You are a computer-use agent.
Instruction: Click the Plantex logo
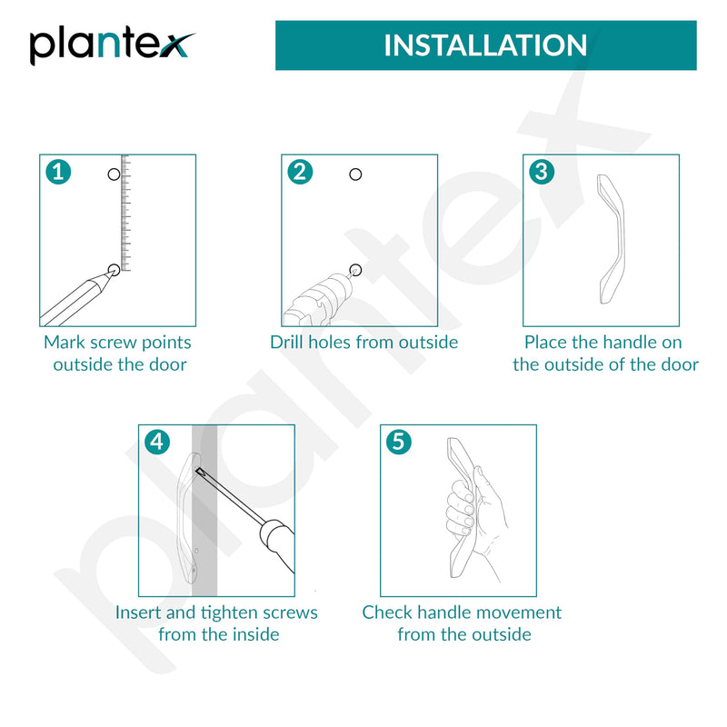coord(111,46)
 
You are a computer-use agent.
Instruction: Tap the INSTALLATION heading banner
coord(485,45)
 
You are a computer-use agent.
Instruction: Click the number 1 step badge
coord(58,173)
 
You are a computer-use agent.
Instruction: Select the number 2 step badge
coord(300,173)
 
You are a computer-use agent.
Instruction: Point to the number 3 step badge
coord(542,173)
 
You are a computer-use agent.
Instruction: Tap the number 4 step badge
coord(157,442)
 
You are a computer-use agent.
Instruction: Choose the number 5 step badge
coord(399,442)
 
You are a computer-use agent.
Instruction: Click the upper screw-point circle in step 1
coord(114,174)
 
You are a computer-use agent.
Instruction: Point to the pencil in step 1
coord(76,299)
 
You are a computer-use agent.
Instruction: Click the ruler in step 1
coord(125,213)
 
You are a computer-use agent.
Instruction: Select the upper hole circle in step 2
coord(355,174)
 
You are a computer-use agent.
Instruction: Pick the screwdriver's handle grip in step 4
coord(278,544)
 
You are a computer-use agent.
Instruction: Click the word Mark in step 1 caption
coord(65,343)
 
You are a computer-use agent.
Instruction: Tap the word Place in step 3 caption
coord(546,343)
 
